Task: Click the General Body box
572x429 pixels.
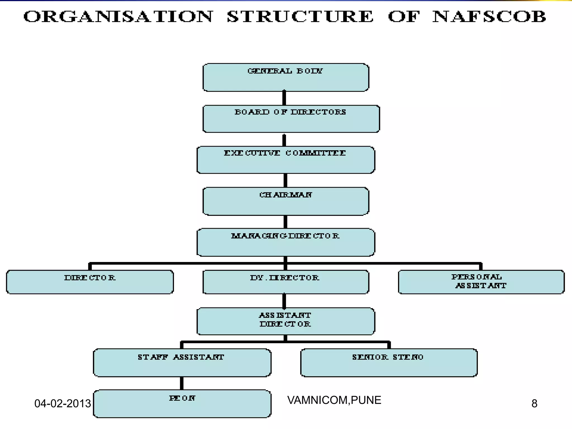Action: tap(285, 77)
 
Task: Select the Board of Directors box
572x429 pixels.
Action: tap(291, 119)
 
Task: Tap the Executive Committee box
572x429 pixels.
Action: tap(285, 160)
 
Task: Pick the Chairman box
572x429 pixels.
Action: tap(285, 201)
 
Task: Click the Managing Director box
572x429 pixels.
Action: tap(285, 242)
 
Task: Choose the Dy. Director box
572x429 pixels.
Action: tap(285, 282)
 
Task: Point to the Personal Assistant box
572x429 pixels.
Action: tap(481, 282)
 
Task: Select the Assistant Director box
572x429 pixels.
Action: tap(285, 321)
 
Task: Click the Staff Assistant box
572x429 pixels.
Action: tap(182, 363)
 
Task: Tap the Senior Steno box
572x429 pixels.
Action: tap(389, 363)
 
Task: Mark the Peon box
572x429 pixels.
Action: tap(182, 404)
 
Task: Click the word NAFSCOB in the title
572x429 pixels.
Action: tap(489, 17)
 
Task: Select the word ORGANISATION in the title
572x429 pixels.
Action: tap(118, 17)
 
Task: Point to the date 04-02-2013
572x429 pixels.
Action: tap(63, 404)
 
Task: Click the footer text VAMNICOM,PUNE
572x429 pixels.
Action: tap(334, 400)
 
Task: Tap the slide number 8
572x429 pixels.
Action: tap(534, 404)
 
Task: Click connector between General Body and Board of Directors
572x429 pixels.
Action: tap(284, 98)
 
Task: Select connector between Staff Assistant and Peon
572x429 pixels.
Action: tap(182, 383)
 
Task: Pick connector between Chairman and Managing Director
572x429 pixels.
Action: tap(285, 222)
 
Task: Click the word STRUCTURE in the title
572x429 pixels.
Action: tap(300, 17)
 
